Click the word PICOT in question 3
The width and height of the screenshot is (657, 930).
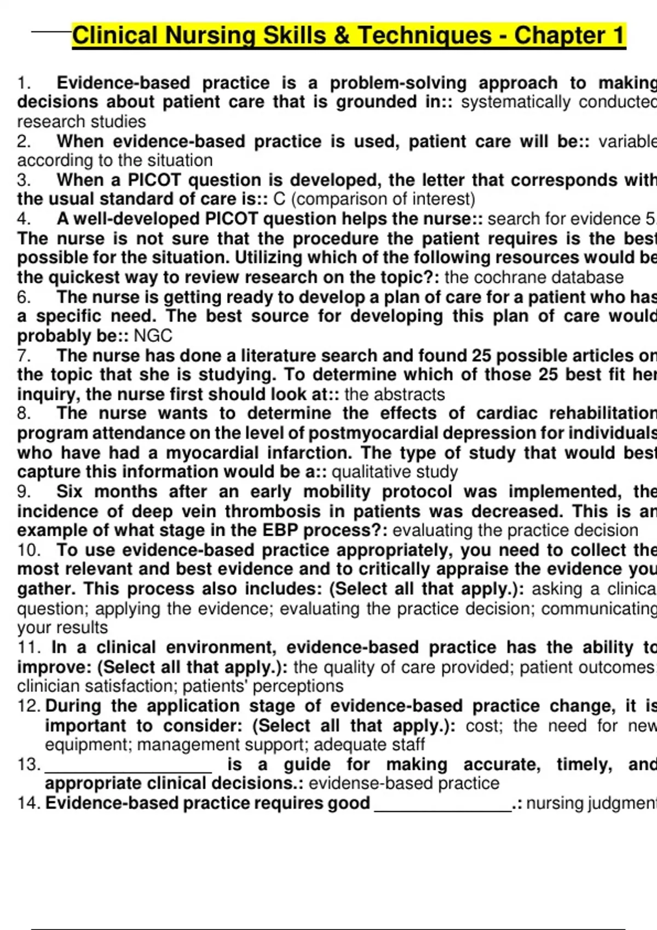coord(155,180)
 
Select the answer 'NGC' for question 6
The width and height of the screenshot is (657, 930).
coord(153,336)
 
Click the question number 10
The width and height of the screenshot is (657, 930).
coord(29,550)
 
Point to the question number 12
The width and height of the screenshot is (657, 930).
coord(29,706)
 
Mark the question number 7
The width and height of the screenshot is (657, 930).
coord(24,356)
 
